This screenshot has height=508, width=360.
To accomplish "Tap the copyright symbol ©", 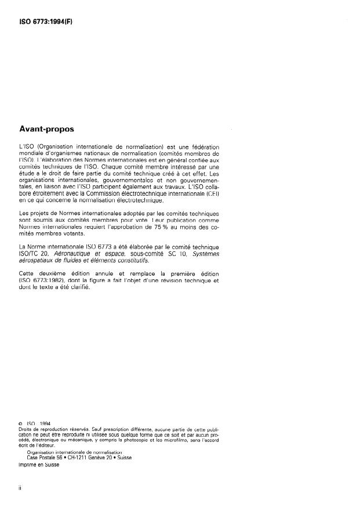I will pos(21,423).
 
